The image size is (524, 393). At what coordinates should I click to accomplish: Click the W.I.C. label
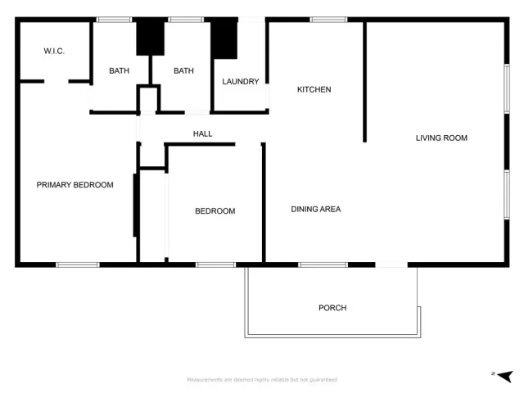[x=54, y=52]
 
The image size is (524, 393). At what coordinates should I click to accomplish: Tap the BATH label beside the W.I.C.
[x=120, y=71]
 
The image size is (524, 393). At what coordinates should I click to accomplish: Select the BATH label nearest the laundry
[x=183, y=71]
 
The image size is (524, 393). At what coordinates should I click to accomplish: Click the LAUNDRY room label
[x=241, y=82]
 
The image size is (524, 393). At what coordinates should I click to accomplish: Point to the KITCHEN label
[x=314, y=89]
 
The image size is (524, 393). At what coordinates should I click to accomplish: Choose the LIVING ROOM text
[x=441, y=138]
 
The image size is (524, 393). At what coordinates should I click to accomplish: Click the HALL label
[x=202, y=133]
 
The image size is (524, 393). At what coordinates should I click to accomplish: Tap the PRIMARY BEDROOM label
[x=75, y=185]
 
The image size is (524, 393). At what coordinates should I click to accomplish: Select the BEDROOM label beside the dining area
[x=215, y=211]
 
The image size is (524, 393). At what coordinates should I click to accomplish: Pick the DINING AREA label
[x=316, y=210]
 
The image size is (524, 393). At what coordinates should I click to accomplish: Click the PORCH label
[x=332, y=308]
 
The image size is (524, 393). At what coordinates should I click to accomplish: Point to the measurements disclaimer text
[x=262, y=380]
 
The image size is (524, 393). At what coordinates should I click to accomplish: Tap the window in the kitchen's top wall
[x=327, y=19]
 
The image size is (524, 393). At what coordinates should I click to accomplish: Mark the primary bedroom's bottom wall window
[x=78, y=264]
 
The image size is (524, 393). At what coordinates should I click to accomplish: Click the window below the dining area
[x=323, y=264]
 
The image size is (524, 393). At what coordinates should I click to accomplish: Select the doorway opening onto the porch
[x=391, y=264]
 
